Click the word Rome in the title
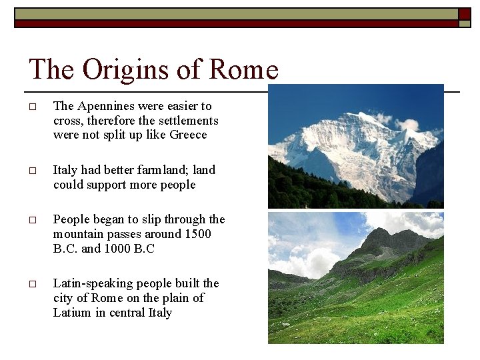click(x=243, y=69)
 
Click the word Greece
click(x=189, y=135)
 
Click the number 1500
click(x=198, y=234)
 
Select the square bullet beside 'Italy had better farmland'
click(x=32, y=171)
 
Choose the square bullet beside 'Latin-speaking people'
click(x=32, y=285)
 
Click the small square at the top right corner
click(x=464, y=23)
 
